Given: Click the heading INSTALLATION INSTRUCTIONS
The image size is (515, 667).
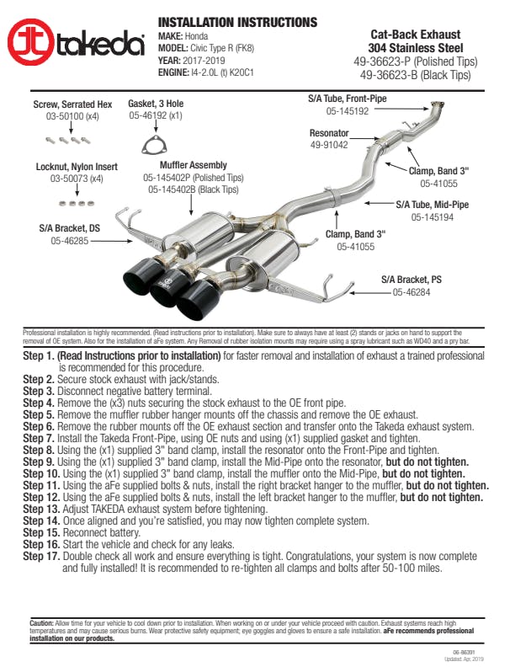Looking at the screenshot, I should pos(238,22).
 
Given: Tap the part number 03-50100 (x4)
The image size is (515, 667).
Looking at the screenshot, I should pos(72,115).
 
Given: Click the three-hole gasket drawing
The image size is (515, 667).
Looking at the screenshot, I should pos(151,142).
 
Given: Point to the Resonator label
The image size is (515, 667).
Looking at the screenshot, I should pos(329,133).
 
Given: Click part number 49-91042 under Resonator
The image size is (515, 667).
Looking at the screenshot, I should pos(329,145).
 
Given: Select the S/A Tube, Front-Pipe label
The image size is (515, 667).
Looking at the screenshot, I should pos(347,99).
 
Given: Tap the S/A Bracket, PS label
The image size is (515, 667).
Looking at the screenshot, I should pos(411,280).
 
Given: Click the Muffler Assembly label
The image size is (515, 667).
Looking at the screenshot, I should pos(196,165).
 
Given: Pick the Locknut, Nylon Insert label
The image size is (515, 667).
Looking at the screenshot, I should pos(77,167).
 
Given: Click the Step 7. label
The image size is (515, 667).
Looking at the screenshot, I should pos(39,439).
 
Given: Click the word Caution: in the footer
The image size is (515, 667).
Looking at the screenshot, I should pos(43,621).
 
